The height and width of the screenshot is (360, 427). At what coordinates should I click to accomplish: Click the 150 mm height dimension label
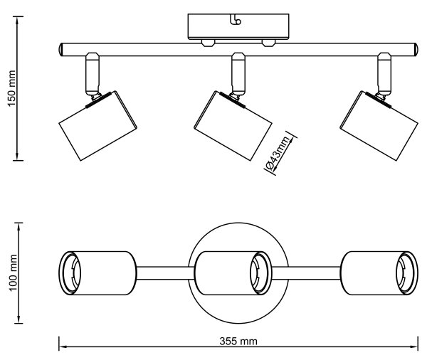point(12,88)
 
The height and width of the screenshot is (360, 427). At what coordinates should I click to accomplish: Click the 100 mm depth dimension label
point(13,273)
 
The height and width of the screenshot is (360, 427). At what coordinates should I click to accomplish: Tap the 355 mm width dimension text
point(238,342)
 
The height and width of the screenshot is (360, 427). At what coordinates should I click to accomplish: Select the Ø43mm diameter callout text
point(278,154)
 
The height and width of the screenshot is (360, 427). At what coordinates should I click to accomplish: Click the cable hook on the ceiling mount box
point(236,20)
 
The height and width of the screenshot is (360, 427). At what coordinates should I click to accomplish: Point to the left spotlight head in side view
point(98,125)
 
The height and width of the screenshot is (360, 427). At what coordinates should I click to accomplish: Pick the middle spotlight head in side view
point(233,126)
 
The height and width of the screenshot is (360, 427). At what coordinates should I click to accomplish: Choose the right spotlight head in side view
point(379,126)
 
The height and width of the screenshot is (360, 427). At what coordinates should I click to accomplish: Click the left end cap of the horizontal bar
point(61,50)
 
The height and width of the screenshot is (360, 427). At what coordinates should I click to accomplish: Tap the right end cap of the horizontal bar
point(416,50)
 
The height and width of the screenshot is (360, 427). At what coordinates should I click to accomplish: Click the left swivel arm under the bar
point(93,74)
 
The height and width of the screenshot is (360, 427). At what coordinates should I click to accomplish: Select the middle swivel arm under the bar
point(238,74)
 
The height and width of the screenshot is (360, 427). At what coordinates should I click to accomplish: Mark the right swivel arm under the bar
point(384,74)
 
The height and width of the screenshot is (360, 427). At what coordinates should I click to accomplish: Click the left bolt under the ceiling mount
point(208,43)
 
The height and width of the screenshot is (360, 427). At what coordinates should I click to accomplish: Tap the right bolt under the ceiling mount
point(268,43)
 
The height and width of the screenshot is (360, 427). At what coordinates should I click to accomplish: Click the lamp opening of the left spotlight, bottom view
point(70,273)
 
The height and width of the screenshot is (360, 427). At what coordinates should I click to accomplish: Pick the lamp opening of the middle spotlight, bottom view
point(260,273)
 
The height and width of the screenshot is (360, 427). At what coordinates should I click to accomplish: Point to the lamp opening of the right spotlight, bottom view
point(406,273)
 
